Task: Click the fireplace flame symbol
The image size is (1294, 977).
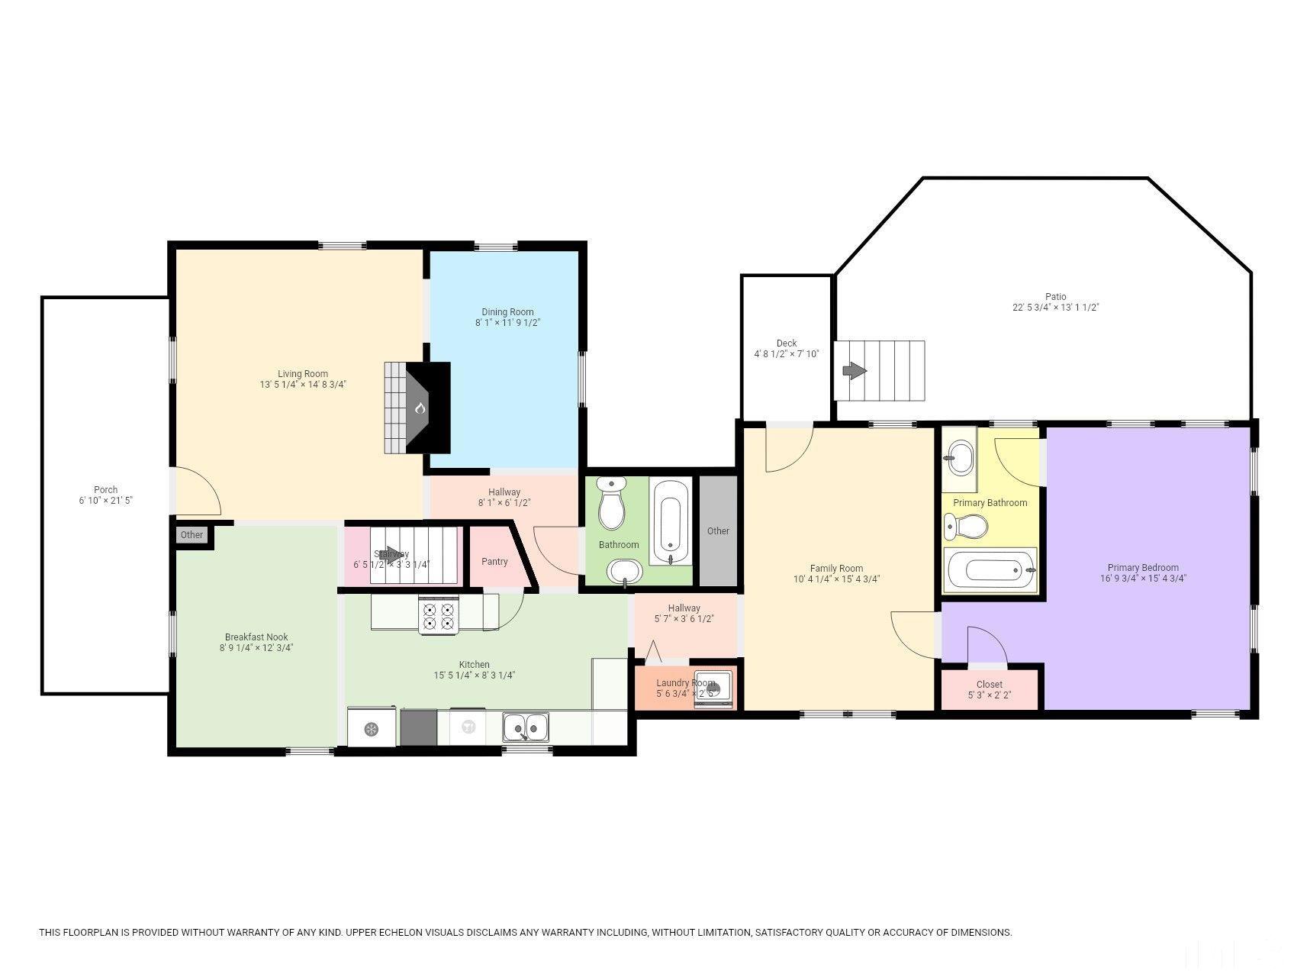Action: point(420,409)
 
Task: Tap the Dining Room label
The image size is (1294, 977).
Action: point(507,311)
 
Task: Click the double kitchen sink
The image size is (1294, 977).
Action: point(525,727)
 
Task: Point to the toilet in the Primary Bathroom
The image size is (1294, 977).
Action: point(966,526)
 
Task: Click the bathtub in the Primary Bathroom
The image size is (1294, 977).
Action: point(990,570)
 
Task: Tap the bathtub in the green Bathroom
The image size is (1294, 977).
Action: point(671,522)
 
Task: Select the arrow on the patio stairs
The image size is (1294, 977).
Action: point(854,371)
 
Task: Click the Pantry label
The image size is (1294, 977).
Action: point(494,562)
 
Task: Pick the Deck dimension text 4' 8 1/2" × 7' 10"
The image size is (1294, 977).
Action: point(787,354)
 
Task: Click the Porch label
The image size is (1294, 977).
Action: point(106,490)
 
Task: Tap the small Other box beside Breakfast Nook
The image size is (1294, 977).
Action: point(192,534)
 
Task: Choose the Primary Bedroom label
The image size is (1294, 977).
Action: point(1143,568)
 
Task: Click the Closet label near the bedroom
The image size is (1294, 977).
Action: point(990,685)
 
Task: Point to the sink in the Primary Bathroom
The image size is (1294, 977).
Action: point(958,459)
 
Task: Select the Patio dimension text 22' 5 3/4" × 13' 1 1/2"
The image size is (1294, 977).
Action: point(1055,308)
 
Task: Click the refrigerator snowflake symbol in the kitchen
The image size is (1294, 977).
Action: point(371,729)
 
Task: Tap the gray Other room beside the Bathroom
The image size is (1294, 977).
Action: point(718,531)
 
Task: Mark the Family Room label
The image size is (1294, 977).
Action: point(836,569)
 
